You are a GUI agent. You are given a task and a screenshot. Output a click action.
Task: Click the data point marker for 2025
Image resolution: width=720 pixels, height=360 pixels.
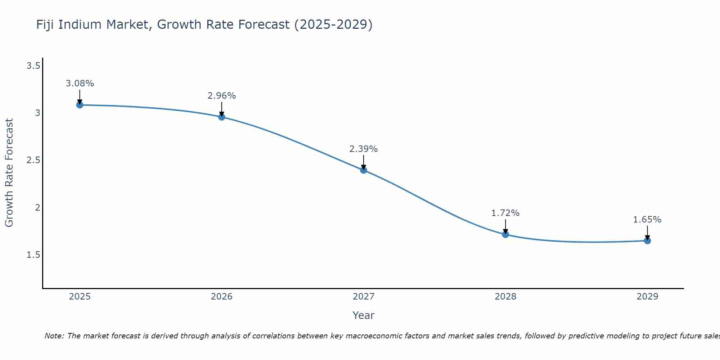click(80, 105)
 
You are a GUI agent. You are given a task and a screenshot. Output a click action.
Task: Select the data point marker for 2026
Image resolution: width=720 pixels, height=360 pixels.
click(222, 117)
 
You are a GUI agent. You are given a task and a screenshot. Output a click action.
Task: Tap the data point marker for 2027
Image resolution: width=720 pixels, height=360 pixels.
click(364, 170)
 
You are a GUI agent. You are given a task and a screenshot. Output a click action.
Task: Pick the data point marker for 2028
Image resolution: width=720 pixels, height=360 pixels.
click(505, 234)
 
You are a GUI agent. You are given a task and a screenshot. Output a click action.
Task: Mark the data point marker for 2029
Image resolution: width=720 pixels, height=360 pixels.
click(647, 240)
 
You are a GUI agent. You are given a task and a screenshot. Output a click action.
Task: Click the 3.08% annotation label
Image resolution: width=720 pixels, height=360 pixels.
click(80, 84)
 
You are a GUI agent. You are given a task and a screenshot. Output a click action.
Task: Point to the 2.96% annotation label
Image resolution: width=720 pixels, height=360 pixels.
click(222, 96)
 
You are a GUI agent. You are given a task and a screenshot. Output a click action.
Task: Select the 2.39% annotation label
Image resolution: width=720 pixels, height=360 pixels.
click(364, 149)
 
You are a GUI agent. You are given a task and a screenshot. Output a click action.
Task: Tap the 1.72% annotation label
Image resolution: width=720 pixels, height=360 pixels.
click(505, 213)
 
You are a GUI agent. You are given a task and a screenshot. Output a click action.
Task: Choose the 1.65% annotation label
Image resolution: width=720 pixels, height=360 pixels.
click(647, 220)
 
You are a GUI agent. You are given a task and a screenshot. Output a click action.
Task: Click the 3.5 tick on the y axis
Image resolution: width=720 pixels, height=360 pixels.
click(33, 66)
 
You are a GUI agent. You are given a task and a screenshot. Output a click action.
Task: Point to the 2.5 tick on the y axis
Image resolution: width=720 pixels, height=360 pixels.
click(33, 160)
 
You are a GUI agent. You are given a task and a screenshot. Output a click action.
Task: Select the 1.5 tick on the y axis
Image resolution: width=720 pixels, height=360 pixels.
click(33, 255)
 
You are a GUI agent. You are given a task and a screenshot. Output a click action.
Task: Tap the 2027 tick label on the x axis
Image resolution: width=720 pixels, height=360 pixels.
click(364, 297)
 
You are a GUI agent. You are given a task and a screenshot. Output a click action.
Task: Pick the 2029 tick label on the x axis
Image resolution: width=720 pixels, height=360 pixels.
click(647, 297)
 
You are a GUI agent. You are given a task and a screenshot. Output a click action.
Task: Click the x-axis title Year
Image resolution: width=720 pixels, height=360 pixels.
click(364, 315)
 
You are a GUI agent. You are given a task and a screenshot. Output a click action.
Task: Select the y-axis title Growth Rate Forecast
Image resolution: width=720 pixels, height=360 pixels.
click(9, 173)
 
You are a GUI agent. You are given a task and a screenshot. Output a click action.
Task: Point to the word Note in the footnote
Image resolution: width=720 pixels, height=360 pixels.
click(54, 336)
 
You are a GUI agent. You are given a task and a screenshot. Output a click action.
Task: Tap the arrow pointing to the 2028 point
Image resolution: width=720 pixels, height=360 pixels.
click(505, 227)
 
